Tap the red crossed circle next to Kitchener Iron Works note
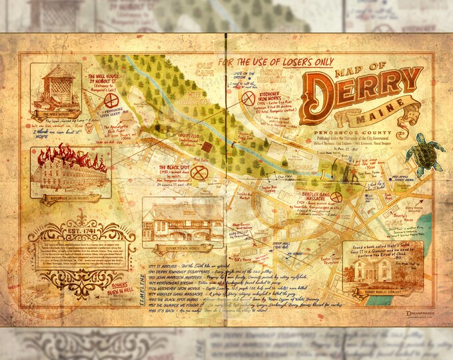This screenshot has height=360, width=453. pyautogui.click(x=248, y=99)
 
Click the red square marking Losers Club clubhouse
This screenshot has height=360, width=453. pyautogui.click(x=207, y=147)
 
